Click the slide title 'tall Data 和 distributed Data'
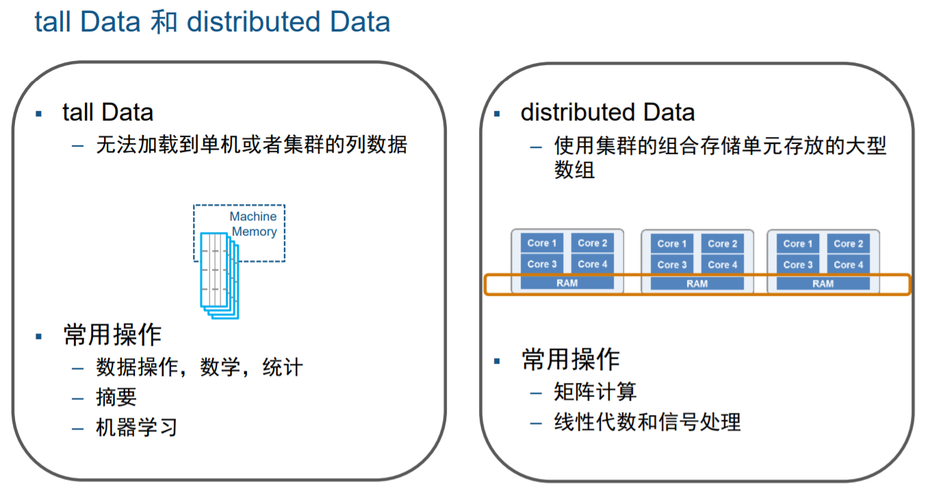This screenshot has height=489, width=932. point(212,22)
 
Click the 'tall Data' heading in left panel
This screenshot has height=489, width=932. point(107,112)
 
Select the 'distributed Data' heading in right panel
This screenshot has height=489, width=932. point(608,112)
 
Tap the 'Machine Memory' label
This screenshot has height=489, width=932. point(253,224)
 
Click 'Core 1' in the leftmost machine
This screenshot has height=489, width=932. point(542,243)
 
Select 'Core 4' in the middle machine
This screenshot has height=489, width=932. point(723,264)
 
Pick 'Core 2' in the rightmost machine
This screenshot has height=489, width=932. point(849,244)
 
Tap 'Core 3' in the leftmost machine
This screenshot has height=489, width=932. point(542,264)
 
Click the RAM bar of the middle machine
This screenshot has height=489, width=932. point(697,284)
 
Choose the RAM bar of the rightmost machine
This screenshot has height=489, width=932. point(823,284)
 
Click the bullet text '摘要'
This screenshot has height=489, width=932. point(116,397)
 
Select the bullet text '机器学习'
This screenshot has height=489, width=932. point(137,427)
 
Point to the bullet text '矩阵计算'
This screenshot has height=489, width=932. point(595,392)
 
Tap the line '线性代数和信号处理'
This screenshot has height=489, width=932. point(647,422)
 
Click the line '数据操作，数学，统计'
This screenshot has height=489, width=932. point(199,368)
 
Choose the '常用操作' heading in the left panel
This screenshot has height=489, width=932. point(112,335)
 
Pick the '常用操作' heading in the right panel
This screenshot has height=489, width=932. point(571,360)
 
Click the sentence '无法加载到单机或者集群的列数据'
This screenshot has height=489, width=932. point(252,145)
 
